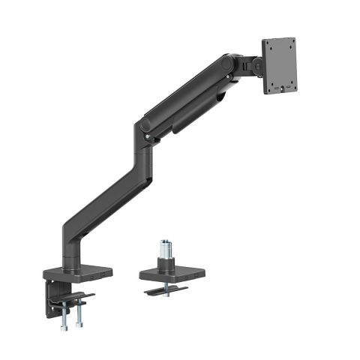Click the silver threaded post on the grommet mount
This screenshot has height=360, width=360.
point(164,249)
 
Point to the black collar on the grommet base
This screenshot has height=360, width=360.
point(164,263)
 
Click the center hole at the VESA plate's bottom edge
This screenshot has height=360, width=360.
point(279,90)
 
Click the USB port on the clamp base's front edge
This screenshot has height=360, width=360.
point(90,277)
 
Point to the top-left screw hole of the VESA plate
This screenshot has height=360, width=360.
point(271,49)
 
